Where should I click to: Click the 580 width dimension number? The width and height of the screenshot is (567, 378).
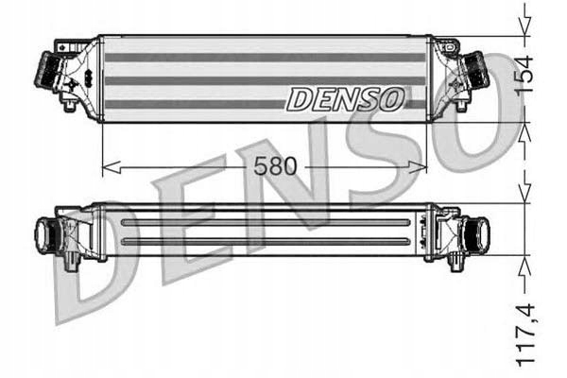tap(275, 166)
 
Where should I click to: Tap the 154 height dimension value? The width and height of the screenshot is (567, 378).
tap(524, 75)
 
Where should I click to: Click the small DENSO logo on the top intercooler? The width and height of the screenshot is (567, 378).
tap(345, 98)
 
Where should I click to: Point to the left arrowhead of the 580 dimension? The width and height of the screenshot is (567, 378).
tap(111, 167)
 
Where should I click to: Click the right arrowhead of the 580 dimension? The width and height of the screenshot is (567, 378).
tap(418, 167)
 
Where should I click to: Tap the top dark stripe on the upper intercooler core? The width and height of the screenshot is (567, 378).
tap(266, 58)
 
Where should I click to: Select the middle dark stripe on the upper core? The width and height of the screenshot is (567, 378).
tap(266, 80)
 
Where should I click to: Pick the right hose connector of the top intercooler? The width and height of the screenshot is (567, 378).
tap(476, 69)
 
